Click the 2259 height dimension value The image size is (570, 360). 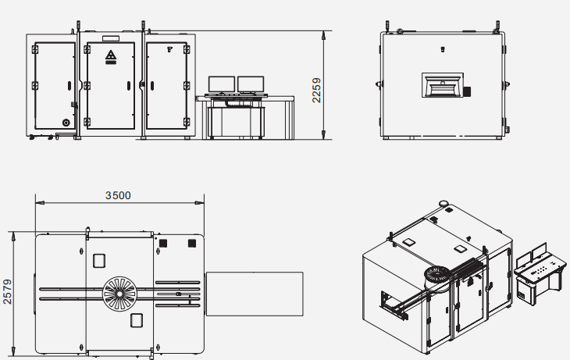point(317,90)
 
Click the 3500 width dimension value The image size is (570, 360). point(118,196)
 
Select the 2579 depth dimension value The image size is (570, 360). point(7,291)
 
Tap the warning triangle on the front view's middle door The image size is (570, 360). point(111,55)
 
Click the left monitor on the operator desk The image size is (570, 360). point(222,84)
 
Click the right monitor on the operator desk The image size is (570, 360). point(251,84)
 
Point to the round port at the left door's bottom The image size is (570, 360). point(66,123)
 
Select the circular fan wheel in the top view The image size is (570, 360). point(119,294)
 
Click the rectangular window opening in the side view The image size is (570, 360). point(443,85)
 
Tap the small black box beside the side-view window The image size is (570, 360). point(467,91)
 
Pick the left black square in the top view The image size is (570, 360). point(163,243)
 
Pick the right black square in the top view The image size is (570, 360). point(192,243)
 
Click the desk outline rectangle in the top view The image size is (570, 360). point(255,294)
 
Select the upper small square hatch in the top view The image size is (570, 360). point(99,261)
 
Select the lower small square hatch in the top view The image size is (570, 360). point(137,320)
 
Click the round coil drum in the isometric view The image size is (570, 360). point(437,276)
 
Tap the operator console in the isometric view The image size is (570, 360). point(540,273)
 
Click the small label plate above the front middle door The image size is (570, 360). point(111,38)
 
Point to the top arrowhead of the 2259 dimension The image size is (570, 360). point(323,35)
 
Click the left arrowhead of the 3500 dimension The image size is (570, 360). point(40,202)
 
